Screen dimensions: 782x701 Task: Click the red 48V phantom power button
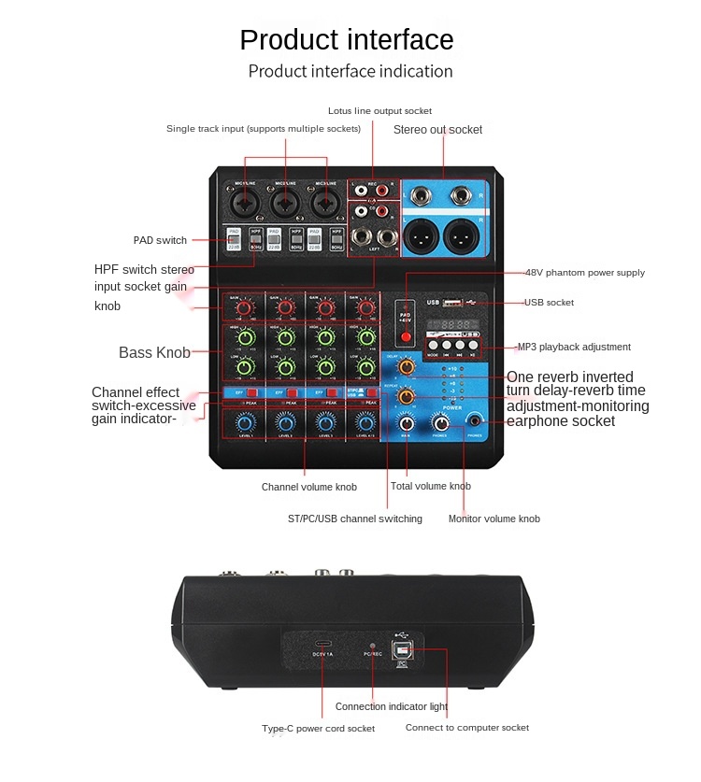point(407,335)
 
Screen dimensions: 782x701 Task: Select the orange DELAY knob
point(407,368)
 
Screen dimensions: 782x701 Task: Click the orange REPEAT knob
point(407,397)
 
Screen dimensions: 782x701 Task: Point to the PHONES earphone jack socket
point(476,421)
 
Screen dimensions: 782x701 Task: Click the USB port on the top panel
point(451,302)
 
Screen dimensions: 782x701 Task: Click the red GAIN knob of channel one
point(244,306)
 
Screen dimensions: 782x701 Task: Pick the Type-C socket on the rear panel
point(323,645)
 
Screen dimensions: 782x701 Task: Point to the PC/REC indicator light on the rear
point(372,646)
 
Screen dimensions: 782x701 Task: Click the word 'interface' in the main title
point(400,40)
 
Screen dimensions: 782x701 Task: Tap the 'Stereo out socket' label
point(437,130)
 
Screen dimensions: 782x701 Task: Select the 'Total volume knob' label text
point(430,486)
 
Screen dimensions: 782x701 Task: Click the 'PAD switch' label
point(160,240)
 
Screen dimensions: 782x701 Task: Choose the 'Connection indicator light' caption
point(392,706)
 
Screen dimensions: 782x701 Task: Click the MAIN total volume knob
point(407,423)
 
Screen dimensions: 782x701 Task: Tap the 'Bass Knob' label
point(154,352)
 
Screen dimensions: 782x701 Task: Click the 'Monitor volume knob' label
point(494,519)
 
